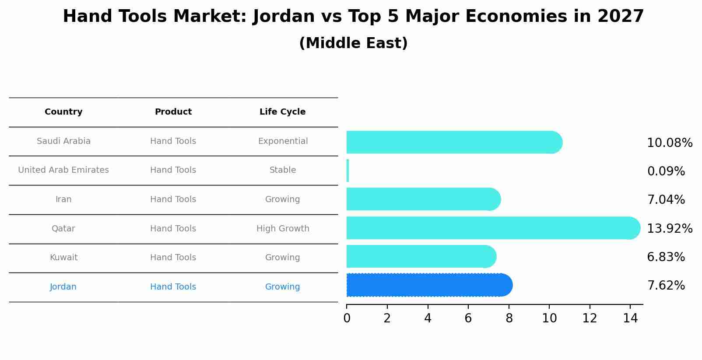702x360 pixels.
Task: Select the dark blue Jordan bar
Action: coord(429,285)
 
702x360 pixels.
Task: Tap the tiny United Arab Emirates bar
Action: coord(348,171)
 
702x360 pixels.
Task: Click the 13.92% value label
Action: coord(670,228)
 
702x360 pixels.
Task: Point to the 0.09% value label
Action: coord(666,171)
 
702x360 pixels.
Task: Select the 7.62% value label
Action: coord(666,286)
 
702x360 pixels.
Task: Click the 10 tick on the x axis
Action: coord(549,318)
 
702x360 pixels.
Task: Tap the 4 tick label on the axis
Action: coord(428,318)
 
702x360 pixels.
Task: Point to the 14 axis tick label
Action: coord(630,318)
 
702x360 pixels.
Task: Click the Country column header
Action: coord(63,112)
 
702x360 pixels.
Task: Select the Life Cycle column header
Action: coord(282,112)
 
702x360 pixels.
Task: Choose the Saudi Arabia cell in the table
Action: coord(63,141)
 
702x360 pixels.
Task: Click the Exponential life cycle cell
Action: coord(283,141)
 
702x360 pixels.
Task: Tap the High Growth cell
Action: coord(283,229)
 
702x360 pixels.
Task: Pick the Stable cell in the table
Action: coord(283,170)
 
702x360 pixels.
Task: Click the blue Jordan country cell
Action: coord(63,287)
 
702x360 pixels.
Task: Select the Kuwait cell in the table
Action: coord(63,258)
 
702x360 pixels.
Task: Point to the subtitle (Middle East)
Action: coord(353,43)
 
